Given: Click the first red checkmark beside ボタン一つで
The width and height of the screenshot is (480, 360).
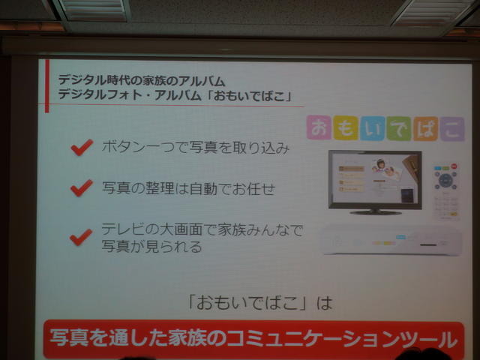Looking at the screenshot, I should pos(81,147).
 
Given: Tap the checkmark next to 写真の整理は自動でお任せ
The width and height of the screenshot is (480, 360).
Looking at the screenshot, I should pos(81,187).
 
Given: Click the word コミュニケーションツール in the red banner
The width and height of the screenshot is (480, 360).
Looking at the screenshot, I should pos(352,339).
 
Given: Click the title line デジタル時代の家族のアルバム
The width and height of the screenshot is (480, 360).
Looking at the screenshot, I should pos(142,80).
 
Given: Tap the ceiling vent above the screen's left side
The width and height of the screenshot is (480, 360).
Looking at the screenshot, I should pos(93,9).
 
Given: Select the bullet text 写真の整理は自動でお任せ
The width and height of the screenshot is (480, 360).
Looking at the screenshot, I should pos(187,187).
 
